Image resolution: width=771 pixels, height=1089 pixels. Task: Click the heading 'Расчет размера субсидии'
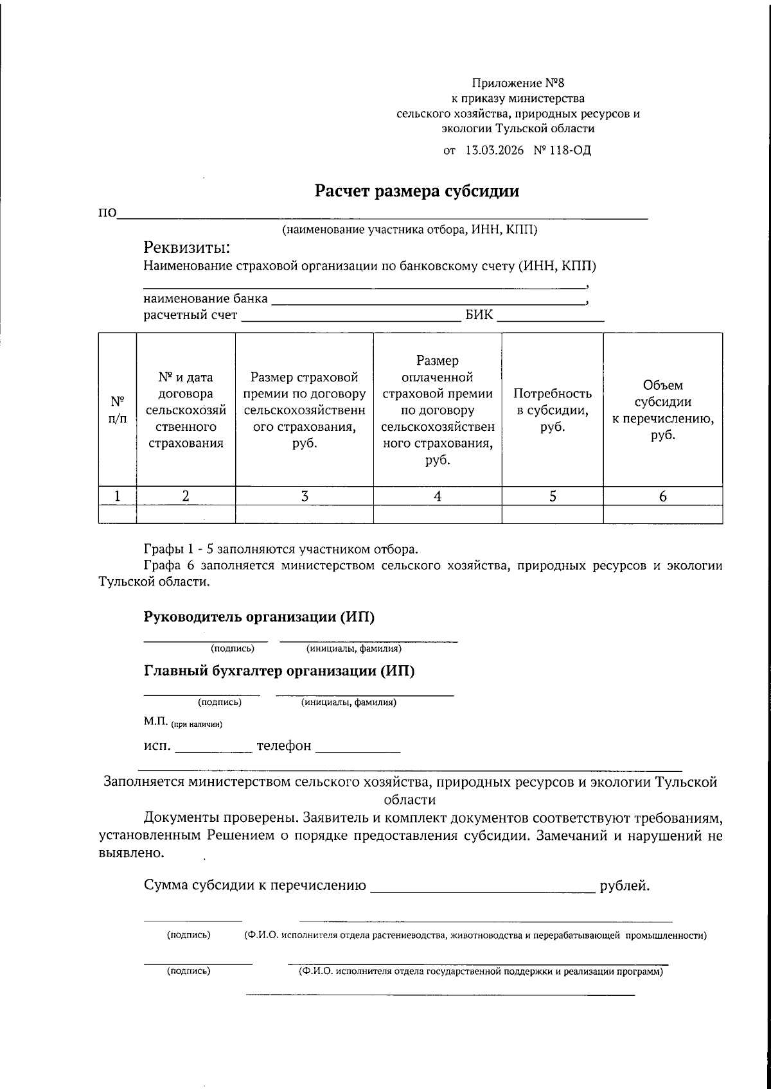(x=416, y=191)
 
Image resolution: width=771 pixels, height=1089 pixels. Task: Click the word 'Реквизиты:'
(x=186, y=247)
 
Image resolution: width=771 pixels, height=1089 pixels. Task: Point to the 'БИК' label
(x=479, y=315)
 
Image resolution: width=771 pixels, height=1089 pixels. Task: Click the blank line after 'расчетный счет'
(x=351, y=317)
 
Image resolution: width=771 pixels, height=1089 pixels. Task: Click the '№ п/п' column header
(x=117, y=410)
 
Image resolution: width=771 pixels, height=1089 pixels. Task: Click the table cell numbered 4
(x=438, y=496)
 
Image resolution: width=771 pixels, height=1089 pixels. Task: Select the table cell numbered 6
(x=663, y=496)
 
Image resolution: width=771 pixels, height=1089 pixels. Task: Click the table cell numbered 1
(x=117, y=496)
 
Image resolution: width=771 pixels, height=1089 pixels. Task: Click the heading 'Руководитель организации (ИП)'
(x=259, y=617)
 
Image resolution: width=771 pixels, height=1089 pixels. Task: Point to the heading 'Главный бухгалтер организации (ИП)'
(x=279, y=672)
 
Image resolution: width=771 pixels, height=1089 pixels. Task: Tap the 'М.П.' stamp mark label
(x=155, y=722)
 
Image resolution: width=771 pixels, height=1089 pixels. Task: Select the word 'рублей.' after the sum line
(x=625, y=886)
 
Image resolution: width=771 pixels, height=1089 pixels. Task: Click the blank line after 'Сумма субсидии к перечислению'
(x=483, y=889)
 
